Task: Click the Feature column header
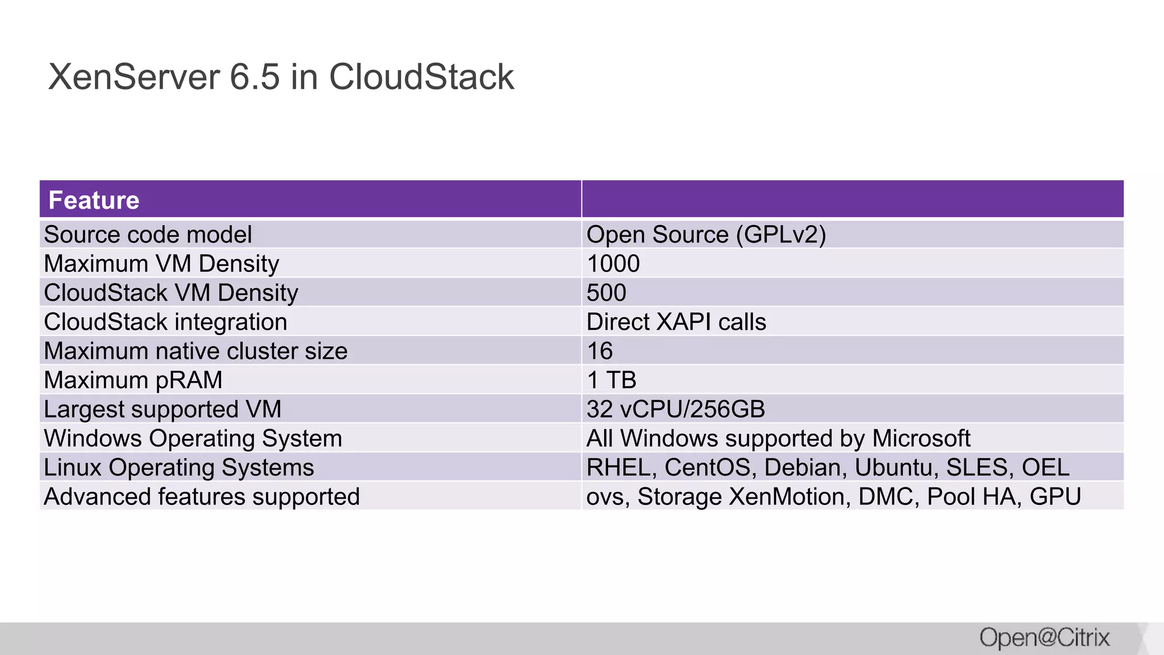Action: [x=94, y=200]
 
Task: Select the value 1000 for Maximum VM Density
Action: [x=613, y=264]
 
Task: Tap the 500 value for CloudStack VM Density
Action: [x=606, y=293]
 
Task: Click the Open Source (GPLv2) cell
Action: [x=706, y=235]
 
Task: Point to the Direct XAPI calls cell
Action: [x=676, y=322]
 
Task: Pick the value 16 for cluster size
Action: [x=600, y=351]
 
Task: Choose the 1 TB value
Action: [x=611, y=380]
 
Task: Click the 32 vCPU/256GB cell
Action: [x=675, y=409]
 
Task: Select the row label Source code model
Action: [x=148, y=235]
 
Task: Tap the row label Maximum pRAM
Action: [x=133, y=380]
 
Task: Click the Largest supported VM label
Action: [x=163, y=409]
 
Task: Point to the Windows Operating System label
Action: [x=193, y=438]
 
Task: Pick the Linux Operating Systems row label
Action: [x=178, y=467]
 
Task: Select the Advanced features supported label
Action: [x=202, y=496]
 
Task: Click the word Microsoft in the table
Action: [x=921, y=438]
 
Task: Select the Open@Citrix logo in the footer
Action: [x=1044, y=637]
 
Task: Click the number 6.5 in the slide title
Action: [x=255, y=77]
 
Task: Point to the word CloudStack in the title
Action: [x=421, y=77]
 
